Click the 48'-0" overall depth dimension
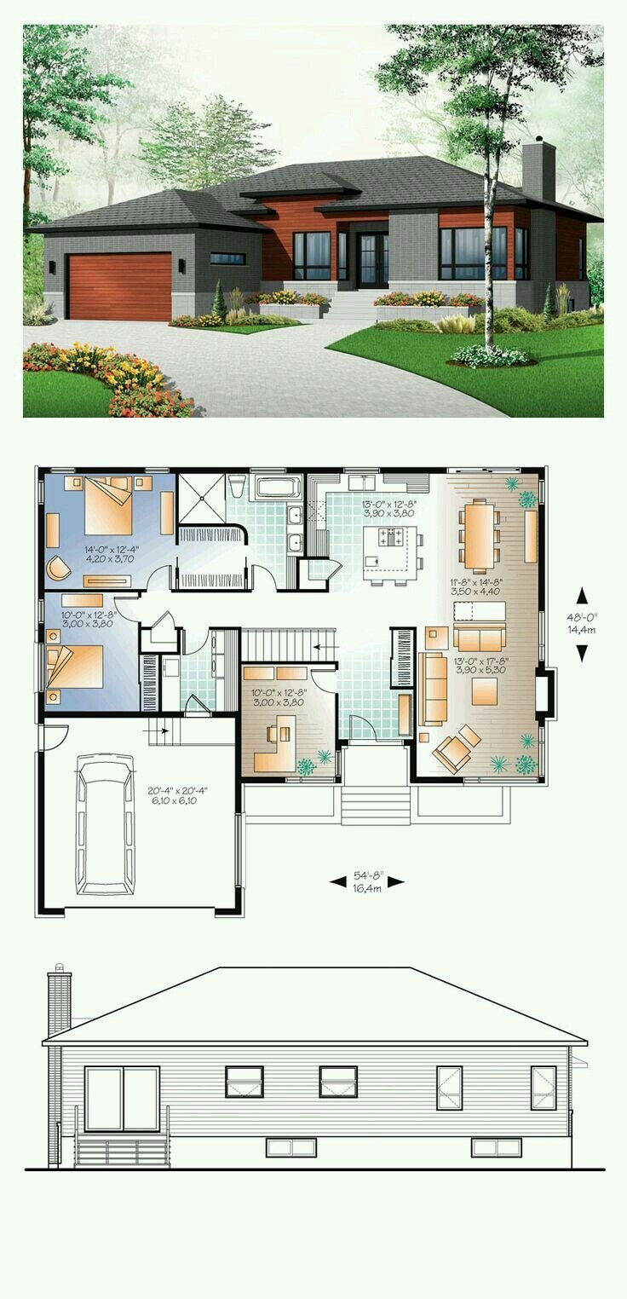tap(582, 623)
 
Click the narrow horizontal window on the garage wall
tap(227, 258)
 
